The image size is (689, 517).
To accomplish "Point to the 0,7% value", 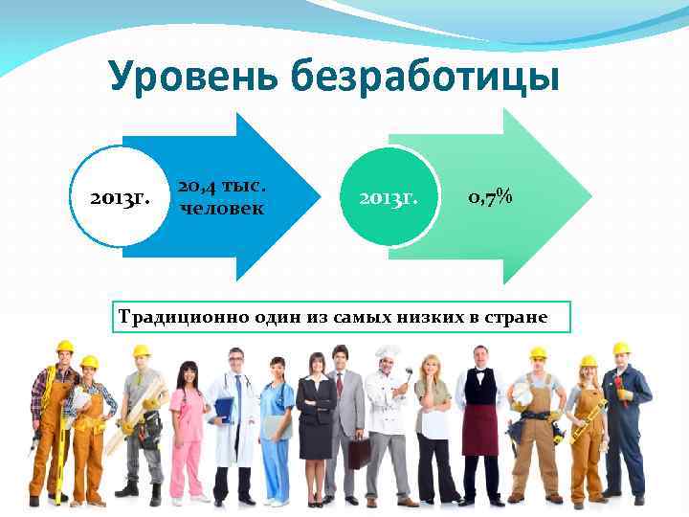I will click(x=490, y=197).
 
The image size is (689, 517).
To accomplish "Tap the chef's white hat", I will click(x=388, y=353).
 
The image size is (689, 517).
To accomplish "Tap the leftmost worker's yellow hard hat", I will click(x=65, y=347).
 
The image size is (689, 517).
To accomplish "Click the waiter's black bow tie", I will click(x=478, y=369).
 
